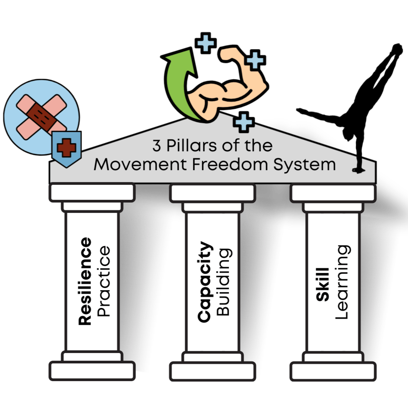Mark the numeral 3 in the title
click(156, 146)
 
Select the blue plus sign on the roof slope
click(244, 122)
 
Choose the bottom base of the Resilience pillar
click(92, 371)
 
